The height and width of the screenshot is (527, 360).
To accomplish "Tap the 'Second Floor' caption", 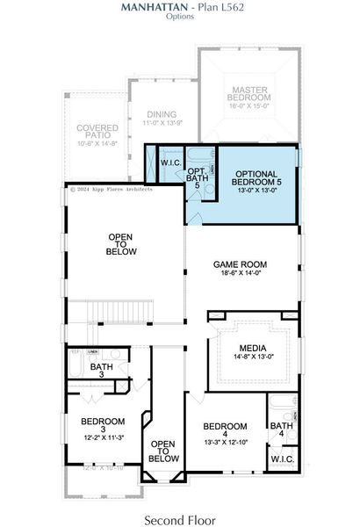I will (179, 509).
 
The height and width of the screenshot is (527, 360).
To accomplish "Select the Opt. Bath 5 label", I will (198, 176).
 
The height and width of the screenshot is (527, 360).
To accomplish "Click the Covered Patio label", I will (97, 134).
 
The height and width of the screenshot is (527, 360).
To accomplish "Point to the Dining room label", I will (161, 114).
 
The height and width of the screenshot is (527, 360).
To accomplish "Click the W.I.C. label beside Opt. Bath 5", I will (170, 163).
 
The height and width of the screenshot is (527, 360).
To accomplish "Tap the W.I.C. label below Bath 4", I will (282, 459).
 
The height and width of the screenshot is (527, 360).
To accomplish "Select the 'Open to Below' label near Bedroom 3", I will (163, 451).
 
